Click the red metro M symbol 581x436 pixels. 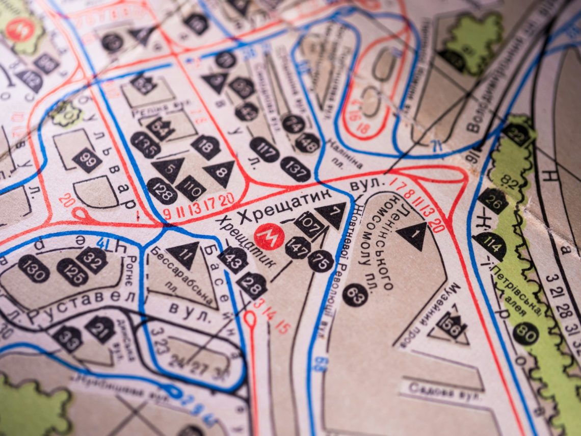click(269, 237)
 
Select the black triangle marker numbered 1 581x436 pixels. click(413, 235)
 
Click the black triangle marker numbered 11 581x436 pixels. click(184, 254)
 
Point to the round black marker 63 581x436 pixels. click(355, 295)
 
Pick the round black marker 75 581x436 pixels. click(321, 261)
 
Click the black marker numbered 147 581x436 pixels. click(298, 248)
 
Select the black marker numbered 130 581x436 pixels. click(34, 269)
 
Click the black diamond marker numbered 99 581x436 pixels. click(87, 160)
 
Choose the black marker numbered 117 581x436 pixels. click(265, 150)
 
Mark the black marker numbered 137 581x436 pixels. click(295, 169)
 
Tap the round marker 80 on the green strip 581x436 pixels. click(525, 334)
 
